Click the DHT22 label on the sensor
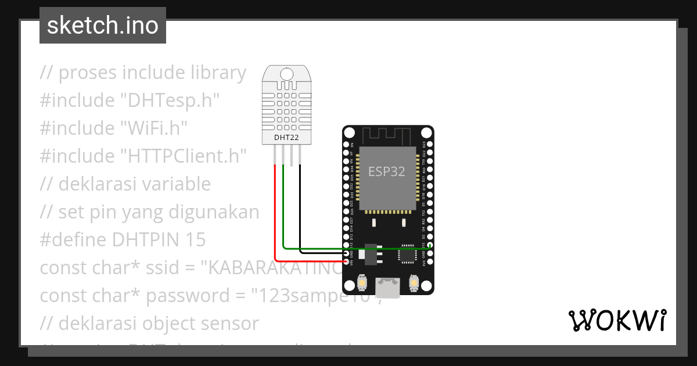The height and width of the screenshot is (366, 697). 287,138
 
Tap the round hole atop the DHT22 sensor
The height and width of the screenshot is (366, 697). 287,74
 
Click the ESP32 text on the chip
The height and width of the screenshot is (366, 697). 387,171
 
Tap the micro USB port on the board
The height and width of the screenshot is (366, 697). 387,287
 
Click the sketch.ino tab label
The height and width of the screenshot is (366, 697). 103,26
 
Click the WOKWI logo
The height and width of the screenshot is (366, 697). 617,320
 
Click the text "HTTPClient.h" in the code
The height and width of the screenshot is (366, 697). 184,156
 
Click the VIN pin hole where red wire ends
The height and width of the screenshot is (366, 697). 346,262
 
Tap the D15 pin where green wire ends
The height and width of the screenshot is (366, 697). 428,248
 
